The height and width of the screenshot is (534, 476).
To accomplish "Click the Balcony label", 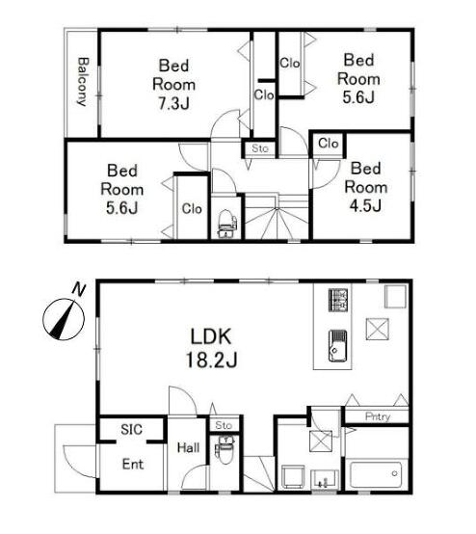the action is point(83,82).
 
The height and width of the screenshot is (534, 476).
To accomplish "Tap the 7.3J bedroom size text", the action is point(174,103).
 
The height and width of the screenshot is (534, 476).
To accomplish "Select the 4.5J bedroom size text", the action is point(365,205).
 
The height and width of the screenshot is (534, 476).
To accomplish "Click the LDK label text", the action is point(211,336).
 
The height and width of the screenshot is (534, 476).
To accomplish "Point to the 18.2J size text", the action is point(211,360).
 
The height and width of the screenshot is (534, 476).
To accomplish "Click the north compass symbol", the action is point(64,319).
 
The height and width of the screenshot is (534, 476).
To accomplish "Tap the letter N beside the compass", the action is point(79,289).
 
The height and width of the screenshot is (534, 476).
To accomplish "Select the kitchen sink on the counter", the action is point(338,345).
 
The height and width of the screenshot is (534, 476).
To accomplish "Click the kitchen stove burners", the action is point(338,300).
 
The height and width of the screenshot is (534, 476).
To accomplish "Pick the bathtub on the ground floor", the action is point(377,473).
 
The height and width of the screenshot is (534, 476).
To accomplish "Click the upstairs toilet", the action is point(226,224).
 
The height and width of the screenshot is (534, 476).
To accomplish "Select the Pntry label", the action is point(378,416).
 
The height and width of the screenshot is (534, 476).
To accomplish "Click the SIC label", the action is point(131,430).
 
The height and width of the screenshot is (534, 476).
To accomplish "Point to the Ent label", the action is point(133,464).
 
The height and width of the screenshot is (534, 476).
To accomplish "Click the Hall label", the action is point(188,447).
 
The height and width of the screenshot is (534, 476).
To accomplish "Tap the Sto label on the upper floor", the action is point(260,148).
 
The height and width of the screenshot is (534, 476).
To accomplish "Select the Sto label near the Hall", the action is point(224,425).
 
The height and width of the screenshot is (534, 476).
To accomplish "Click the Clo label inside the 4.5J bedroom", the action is point(329,144).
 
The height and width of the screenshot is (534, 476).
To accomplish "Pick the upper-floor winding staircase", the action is point(277,217).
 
